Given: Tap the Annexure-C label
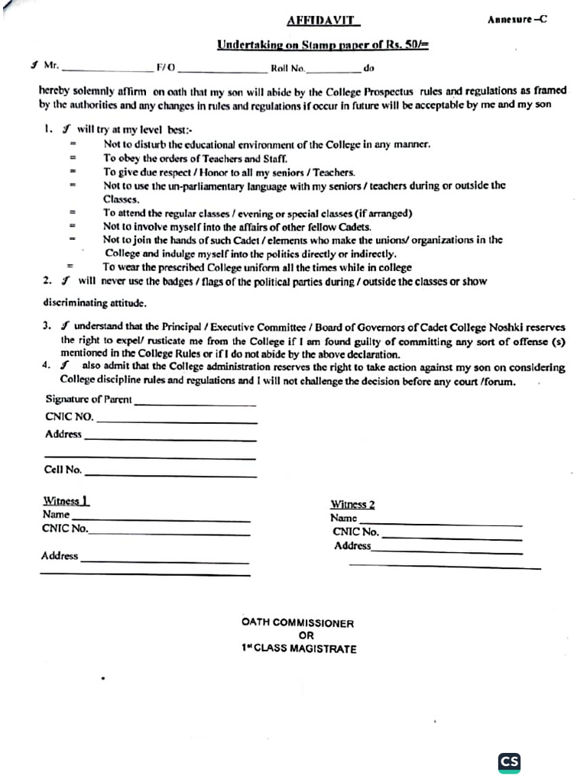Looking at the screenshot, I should click(517, 20).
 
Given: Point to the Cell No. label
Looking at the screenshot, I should click(63, 470).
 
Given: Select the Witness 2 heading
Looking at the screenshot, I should click(352, 505).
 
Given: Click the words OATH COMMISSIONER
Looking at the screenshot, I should click(297, 623).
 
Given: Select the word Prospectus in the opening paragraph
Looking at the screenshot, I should click(387, 90).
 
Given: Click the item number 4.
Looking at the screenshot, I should click(47, 366).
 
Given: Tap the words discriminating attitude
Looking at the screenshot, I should click(92, 303).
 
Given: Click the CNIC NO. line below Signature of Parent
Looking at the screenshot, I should click(177, 422).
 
